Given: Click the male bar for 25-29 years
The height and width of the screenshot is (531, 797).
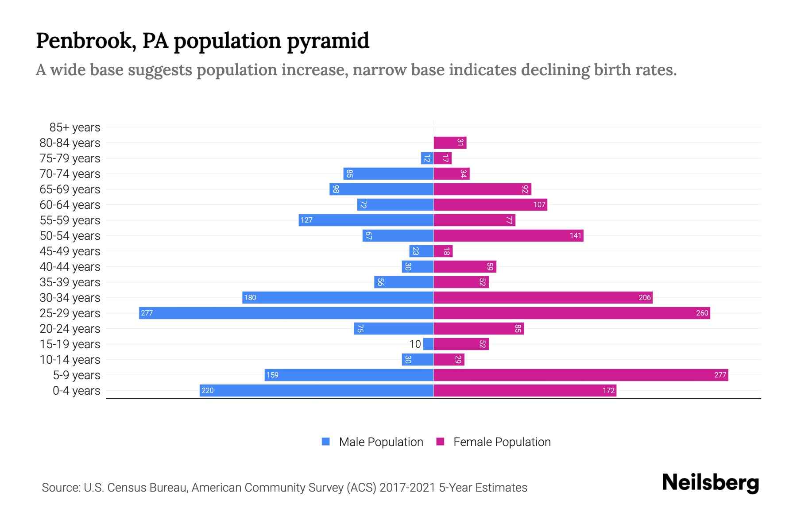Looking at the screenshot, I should tap(286, 313).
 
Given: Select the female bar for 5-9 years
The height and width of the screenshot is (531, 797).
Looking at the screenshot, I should tap(580, 375).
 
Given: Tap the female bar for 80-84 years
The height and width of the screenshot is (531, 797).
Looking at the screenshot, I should tap(450, 142).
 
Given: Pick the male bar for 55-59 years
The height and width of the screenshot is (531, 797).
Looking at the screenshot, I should tap(366, 220).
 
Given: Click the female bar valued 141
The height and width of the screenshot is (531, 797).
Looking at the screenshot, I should tap(508, 235).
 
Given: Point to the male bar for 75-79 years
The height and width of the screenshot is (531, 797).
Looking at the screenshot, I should tap(427, 158).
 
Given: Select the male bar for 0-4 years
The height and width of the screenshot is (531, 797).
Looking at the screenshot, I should tap(316, 390).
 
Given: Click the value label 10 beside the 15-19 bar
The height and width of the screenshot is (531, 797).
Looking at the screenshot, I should tap(415, 344).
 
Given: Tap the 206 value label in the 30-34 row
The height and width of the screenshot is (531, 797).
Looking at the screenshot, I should tap(644, 297).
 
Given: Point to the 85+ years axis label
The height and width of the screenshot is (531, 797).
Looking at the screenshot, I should tap(75, 127).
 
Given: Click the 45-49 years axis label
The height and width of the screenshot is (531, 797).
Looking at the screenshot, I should tap(70, 251).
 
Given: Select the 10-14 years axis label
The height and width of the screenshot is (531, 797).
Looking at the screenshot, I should tap(70, 360).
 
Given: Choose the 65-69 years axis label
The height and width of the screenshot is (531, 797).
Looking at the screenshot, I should tap(70, 189).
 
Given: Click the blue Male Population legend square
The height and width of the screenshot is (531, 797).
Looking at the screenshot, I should tap(326, 442).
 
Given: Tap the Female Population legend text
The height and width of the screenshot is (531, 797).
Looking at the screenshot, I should tap(502, 442).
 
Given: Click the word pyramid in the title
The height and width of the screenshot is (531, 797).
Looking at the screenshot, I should tap(328, 41).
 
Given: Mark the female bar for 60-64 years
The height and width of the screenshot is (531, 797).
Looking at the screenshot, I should tap(490, 204).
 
